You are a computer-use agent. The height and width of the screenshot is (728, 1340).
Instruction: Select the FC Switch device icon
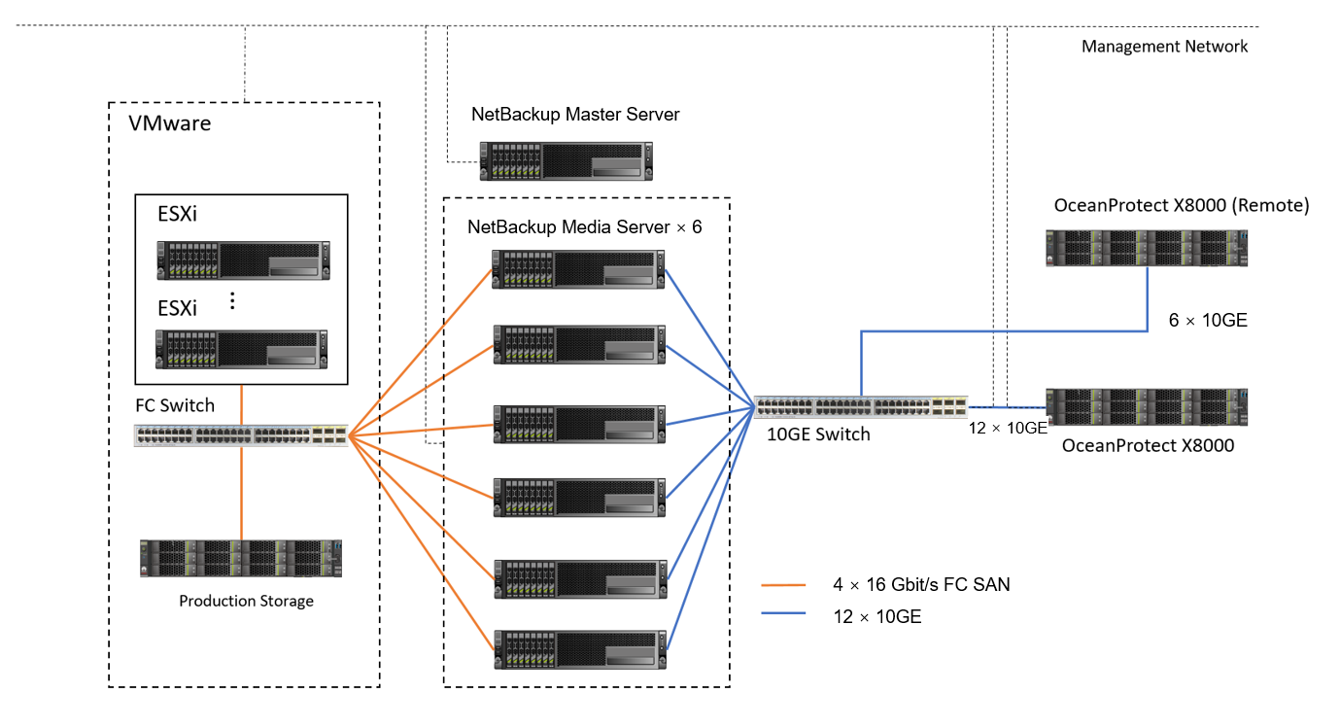pos(241,435)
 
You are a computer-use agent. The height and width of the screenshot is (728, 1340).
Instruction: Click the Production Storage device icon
pos(241,558)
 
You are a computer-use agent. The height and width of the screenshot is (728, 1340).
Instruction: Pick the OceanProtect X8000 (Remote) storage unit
pos(1146,248)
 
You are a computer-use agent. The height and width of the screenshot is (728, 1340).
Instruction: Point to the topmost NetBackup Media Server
pos(578,268)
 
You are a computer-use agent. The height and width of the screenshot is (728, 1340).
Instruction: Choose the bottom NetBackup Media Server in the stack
pos(578,649)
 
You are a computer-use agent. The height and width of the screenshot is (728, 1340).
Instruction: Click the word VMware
pos(170,123)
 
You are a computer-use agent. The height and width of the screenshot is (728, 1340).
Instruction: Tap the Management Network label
pos(1164,46)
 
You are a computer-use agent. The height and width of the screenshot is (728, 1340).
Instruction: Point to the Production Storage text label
pos(246,601)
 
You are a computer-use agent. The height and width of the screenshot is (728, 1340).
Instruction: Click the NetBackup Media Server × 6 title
pos(584,227)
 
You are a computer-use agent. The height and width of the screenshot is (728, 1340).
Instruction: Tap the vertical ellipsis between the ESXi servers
pos(232,300)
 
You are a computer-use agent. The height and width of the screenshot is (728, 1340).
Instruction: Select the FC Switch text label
pos(175,405)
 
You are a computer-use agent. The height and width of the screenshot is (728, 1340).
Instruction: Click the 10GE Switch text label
pos(818,434)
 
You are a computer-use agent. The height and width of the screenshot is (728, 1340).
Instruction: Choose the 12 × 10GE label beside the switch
pos(1007,427)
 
